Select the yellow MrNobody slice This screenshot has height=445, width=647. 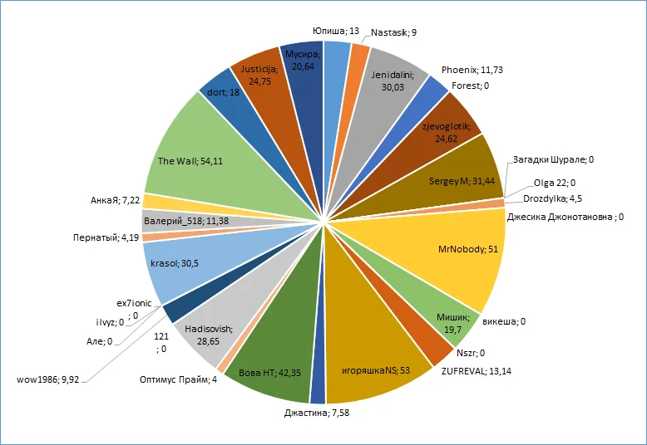coord(462,249)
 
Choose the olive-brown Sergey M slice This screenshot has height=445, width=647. coord(449,178)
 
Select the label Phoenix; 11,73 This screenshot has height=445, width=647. coord(472,71)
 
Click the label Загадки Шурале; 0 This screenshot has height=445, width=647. coord(553,159)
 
